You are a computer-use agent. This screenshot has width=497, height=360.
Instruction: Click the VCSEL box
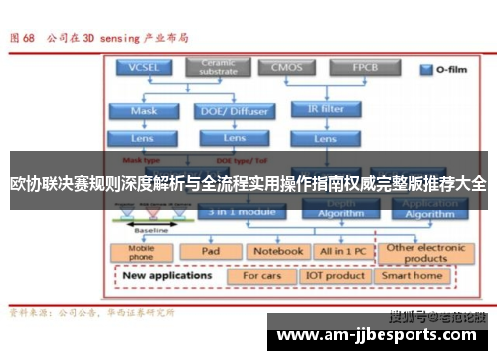[144, 68]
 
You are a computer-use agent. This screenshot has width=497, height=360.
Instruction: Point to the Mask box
[144, 110]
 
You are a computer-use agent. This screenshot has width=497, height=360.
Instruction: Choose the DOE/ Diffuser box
[235, 110]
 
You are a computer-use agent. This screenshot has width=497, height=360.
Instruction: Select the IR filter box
[327, 110]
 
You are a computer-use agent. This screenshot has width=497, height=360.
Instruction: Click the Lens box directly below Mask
[144, 138]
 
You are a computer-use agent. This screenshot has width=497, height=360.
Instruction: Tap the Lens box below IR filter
[327, 138]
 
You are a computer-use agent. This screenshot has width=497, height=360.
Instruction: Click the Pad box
[211, 251]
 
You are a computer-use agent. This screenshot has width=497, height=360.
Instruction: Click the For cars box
[261, 275]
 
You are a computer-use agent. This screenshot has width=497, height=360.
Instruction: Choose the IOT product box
[334, 275]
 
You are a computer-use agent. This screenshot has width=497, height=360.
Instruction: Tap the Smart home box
[413, 275]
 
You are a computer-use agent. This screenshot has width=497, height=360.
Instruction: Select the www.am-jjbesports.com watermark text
[378, 335]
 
